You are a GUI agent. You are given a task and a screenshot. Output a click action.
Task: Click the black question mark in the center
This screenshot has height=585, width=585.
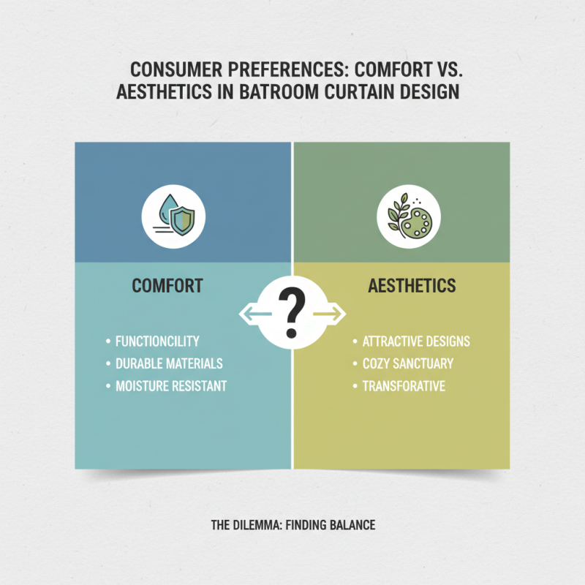pyautogui.click(x=292, y=312)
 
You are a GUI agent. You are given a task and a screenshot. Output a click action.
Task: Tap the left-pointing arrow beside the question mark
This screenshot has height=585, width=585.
pyautogui.click(x=256, y=314)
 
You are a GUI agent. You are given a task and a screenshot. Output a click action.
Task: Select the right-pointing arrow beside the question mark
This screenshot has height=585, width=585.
pyautogui.click(x=328, y=314)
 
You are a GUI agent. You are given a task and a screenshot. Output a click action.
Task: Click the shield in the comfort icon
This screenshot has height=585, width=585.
pyautogui.click(x=182, y=222)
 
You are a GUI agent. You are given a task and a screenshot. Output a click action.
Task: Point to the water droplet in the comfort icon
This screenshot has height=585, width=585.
pyautogui.click(x=167, y=209)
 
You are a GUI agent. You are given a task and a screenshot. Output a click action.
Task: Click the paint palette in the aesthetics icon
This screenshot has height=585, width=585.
pyautogui.click(x=416, y=224)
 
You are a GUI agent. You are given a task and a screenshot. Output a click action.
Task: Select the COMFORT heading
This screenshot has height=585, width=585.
pyautogui.click(x=167, y=286)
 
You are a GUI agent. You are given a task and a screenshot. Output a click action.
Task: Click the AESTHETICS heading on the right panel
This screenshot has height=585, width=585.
pyautogui.click(x=412, y=286)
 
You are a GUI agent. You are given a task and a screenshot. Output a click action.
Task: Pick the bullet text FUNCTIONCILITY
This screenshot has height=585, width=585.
pyautogui.click(x=157, y=341)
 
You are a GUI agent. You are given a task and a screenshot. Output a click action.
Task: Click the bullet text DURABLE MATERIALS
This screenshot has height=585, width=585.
pyautogui.click(x=169, y=363)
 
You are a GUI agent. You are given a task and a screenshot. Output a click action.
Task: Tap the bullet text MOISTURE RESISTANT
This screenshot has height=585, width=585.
pyautogui.click(x=171, y=386)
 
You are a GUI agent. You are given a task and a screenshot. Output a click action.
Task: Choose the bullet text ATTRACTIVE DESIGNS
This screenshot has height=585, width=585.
pyautogui.click(x=416, y=341)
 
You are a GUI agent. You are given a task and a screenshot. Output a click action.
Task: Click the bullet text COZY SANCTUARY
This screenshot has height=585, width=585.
pyautogui.click(x=408, y=363)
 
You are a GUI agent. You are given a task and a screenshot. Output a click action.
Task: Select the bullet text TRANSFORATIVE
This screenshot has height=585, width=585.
pyautogui.click(x=404, y=386)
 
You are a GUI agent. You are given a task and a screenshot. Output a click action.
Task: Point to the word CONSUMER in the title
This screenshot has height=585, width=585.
pyautogui.click(x=175, y=69)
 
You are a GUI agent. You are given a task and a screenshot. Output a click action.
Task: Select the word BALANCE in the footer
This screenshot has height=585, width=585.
pyautogui.click(x=352, y=525)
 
